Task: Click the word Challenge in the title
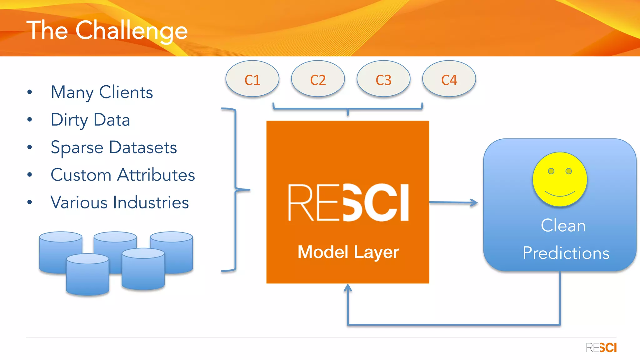(x=131, y=31)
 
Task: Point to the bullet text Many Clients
(x=102, y=92)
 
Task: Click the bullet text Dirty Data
(x=90, y=120)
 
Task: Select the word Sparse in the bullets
(x=77, y=147)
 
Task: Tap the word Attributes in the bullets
(x=156, y=175)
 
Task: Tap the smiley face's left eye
(x=551, y=171)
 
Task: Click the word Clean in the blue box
(x=563, y=225)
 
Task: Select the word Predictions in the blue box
(x=566, y=253)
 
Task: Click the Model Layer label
(x=348, y=252)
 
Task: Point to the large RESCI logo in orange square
(x=348, y=202)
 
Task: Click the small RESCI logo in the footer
(x=601, y=347)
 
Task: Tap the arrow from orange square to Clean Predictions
(x=453, y=202)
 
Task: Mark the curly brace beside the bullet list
(x=236, y=189)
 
